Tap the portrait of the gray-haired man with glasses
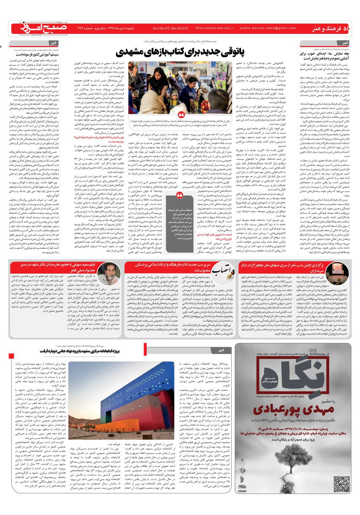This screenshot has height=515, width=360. tap(109, 274)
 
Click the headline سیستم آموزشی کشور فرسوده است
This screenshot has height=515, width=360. tap(38, 53)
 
